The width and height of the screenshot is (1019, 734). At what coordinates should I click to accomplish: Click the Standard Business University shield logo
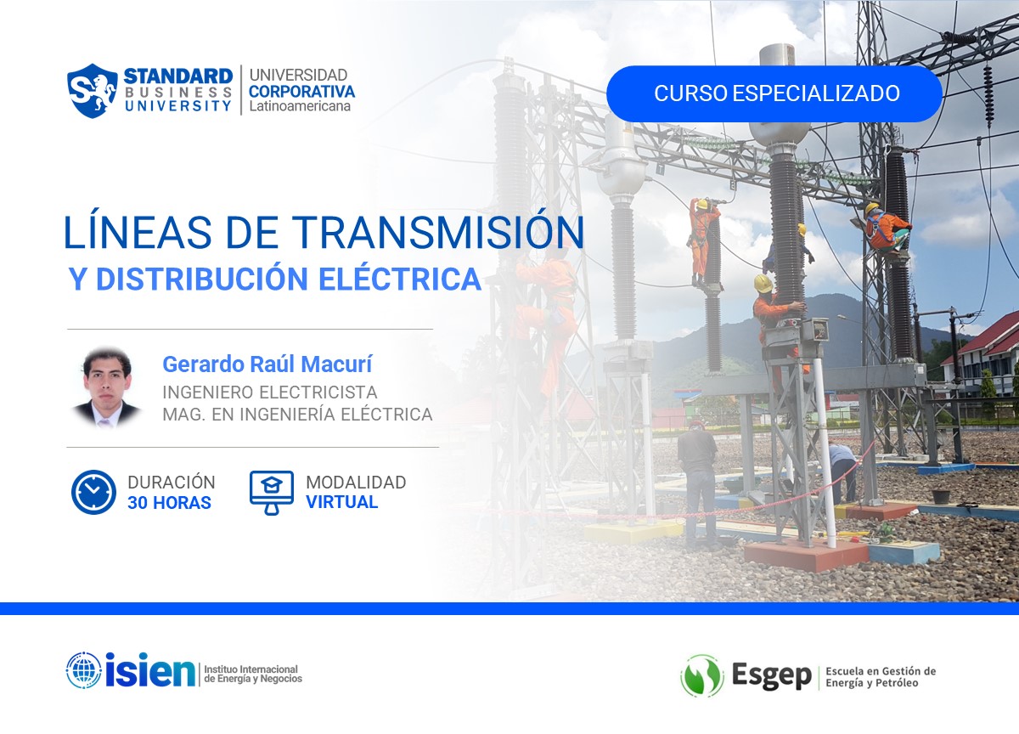point(92,90)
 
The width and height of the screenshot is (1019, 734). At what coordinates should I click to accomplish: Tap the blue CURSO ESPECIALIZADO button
point(774,93)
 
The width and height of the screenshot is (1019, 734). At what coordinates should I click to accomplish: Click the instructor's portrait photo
point(107,387)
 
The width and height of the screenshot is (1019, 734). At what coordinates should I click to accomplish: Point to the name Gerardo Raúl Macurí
point(267,364)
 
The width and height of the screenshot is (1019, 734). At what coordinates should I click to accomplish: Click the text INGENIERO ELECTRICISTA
point(270,392)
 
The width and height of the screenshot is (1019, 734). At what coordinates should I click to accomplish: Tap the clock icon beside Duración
point(93,492)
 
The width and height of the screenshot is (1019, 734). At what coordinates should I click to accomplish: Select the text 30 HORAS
point(169,503)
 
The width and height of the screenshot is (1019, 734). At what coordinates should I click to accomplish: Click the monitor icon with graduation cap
point(271,492)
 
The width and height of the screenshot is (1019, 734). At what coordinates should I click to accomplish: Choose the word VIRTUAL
point(341,502)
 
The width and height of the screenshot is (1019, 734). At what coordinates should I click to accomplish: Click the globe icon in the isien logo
point(83,670)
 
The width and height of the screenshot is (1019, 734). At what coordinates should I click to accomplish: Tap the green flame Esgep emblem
point(701,676)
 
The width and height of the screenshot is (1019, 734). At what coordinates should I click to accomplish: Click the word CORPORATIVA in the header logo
point(301,91)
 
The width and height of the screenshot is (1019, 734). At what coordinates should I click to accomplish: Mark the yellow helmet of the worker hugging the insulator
point(763,283)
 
